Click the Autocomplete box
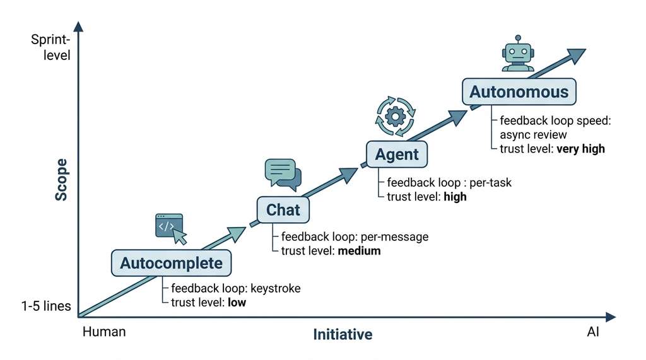click(x=172, y=263)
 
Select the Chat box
click(x=283, y=210)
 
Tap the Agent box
click(x=397, y=154)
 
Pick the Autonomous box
click(x=519, y=91)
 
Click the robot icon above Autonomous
click(x=518, y=54)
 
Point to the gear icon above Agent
click(x=396, y=116)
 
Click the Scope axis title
click(x=61, y=180)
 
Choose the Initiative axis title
click(x=343, y=334)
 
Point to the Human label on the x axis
click(x=104, y=332)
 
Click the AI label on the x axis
click(x=593, y=332)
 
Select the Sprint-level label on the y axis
click(x=50, y=47)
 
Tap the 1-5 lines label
click(x=46, y=306)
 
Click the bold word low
click(x=237, y=303)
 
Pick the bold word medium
click(x=359, y=250)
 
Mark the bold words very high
click(x=581, y=149)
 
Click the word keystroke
click(x=276, y=288)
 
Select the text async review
click(x=533, y=135)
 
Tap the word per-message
click(x=394, y=237)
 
